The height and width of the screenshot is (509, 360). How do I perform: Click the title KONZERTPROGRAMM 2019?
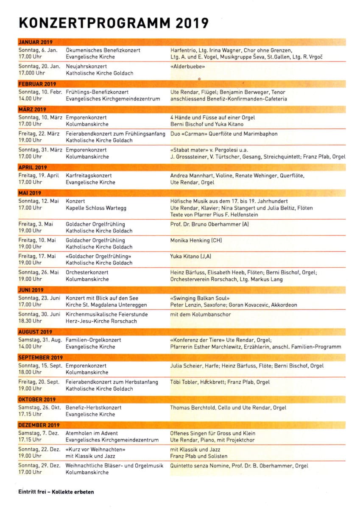click(x=114, y=22)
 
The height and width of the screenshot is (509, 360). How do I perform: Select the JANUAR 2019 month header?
click(x=36, y=42)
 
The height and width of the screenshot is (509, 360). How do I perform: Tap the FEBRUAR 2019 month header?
click(x=37, y=84)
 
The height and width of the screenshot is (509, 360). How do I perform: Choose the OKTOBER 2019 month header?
click(x=37, y=400)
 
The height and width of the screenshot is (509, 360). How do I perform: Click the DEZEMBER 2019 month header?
click(x=39, y=425)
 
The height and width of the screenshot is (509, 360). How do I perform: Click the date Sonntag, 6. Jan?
click(x=38, y=50)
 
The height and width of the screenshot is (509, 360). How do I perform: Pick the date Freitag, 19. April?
click(x=39, y=175)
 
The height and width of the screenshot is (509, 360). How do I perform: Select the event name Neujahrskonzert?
click(x=87, y=67)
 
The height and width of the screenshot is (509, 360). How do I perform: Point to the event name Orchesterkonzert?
click(x=87, y=272)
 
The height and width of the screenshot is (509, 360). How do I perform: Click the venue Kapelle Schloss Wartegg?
click(x=96, y=208)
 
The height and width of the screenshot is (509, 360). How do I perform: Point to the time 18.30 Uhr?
click(x=31, y=321)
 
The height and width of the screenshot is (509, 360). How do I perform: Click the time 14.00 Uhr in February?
click(x=31, y=99)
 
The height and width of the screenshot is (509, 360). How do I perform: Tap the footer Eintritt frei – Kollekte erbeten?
click(x=56, y=492)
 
